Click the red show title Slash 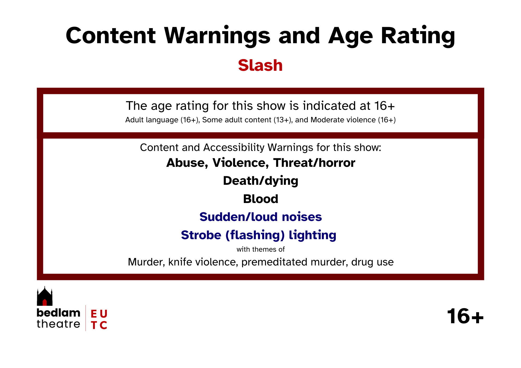coord(260,65)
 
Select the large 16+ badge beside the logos coord(465,316)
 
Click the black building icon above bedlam coord(45,296)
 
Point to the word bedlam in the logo coord(58,313)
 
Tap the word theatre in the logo coord(58,324)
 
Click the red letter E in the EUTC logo coord(94,314)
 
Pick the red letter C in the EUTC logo coord(103,325)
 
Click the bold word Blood coord(260,199)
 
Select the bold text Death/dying coord(260,181)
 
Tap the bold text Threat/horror coord(314,163)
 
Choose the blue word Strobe coord(201,235)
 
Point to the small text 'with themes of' coord(260,249)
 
